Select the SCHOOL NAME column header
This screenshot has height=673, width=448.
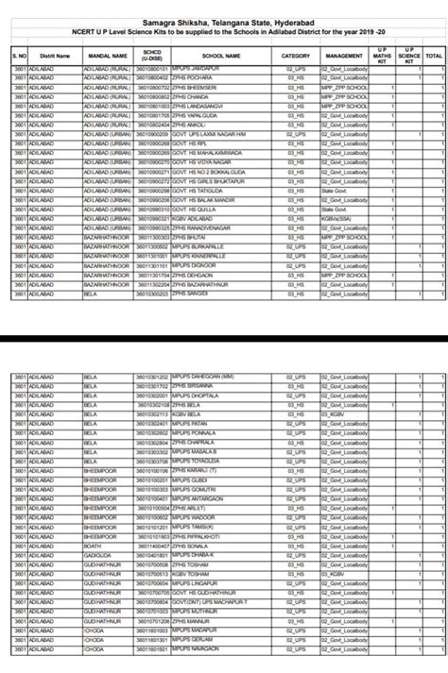pyautogui.click(x=219, y=57)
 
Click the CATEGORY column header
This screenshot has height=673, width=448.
pyautogui.click(x=296, y=57)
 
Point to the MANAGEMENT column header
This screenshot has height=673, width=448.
pyautogui.click(x=343, y=57)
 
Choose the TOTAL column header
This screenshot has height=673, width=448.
pyautogui.click(x=434, y=57)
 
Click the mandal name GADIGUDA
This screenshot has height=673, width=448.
pyautogui.click(x=98, y=556)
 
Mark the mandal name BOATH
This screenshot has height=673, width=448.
pyautogui.click(x=93, y=547)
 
